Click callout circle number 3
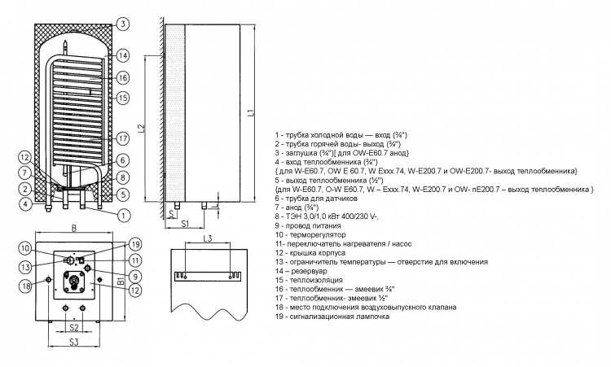click(123, 24)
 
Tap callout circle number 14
click(123, 55)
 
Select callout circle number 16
click(123, 78)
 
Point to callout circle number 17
click(123, 138)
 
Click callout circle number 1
click(124, 215)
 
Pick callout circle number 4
click(26, 203)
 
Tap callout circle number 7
click(25, 173)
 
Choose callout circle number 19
click(134, 244)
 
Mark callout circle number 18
click(26, 286)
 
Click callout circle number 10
click(25, 249)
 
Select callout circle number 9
click(134, 277)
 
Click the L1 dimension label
click(251, 112)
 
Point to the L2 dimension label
click(142, 128)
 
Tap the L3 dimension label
click(207, 238)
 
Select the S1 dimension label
click(185, 224)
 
